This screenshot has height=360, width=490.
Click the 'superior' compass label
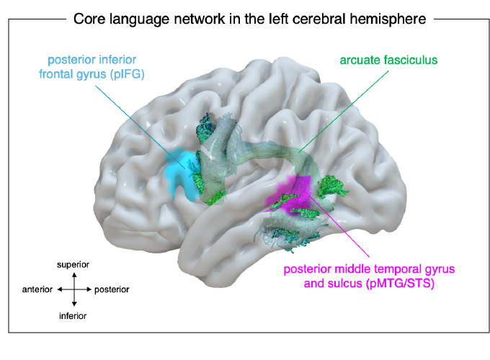(74, 265)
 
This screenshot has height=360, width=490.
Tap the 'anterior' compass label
(37, 289)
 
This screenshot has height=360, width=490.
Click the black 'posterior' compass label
(112, 289)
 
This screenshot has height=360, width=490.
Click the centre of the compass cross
(74, 289)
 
